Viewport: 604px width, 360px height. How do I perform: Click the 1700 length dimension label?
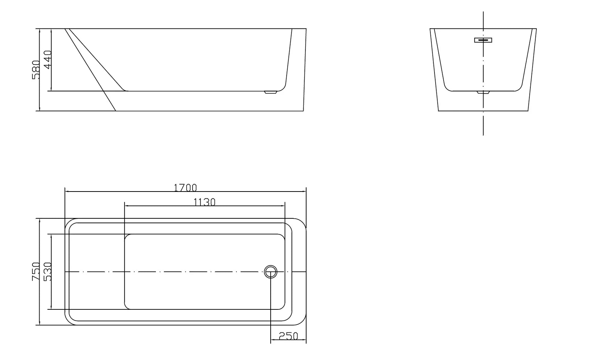(185, 187)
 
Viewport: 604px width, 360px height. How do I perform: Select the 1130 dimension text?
(204, 202)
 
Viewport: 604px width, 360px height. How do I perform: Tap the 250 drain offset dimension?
(288, 336)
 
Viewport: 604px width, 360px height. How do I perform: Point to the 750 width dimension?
(35, 271)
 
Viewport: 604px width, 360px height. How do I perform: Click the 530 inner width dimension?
(48, 272)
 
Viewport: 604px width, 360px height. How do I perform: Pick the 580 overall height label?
(35, 70)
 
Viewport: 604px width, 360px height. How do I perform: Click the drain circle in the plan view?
(270, 272)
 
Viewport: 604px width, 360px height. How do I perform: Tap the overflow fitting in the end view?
(483, 40)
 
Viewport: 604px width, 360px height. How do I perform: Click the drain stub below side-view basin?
(270, 92)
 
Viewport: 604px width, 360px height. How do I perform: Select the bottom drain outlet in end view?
(483, 92)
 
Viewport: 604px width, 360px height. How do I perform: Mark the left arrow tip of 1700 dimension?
(66, 192)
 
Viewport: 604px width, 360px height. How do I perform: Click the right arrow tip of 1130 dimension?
(284, 206)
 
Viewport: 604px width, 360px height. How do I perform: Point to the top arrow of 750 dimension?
(39, 219)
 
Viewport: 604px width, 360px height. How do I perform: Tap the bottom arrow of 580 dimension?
(39, 110)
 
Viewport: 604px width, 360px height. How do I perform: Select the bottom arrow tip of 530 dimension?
(51, 309)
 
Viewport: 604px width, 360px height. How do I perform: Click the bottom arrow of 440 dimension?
(51, 90)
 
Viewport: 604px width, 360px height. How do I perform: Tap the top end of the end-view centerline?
(483, 12)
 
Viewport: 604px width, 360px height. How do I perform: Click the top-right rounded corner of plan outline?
(302, 222)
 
